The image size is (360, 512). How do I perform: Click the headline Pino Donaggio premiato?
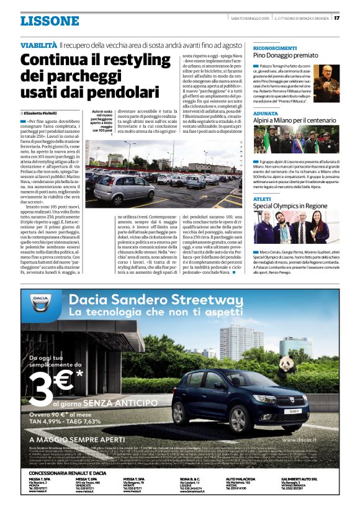click(286, 56)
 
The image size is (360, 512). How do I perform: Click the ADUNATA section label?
click(266, 114)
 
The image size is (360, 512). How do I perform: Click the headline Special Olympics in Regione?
click(290, 205)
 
